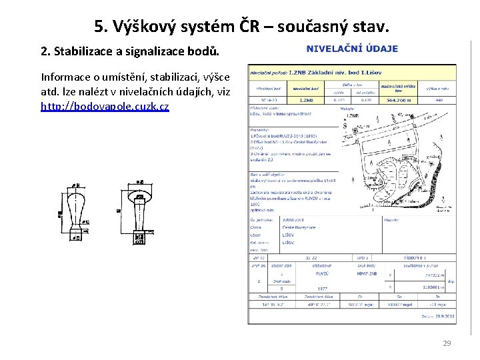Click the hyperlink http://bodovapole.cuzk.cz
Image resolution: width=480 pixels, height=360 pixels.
pos(105,106)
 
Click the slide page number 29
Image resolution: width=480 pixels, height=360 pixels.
pos(447,343)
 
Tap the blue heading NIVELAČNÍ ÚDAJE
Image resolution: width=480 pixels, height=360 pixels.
pos(352,49)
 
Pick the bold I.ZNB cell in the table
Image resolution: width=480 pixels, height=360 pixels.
pos(306,100)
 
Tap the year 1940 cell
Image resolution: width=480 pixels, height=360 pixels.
pos(439,100)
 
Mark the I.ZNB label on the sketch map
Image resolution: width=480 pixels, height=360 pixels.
pos(353,116)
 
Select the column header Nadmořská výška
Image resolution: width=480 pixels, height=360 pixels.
pos(399,87)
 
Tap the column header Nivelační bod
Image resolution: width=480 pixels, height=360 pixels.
pos(306,88)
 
